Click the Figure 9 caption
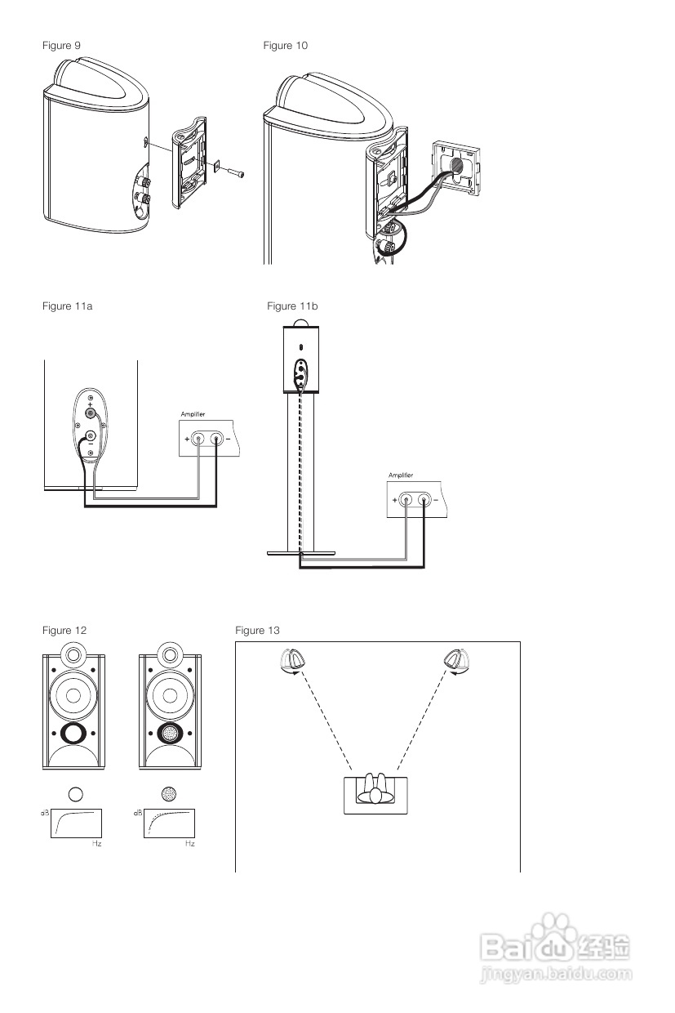[61, 45]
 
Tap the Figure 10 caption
[285, 45]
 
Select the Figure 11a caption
[67, 306]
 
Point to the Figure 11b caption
[292, 306]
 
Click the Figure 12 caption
[64, 631]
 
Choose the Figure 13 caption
[258, 631]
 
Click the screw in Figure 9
[237, 172]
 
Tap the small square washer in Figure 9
[217, 166]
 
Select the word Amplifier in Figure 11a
[193, 414]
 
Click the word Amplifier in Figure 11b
[401, 475]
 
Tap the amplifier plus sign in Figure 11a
[187, 440]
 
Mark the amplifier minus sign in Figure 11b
[436, 500]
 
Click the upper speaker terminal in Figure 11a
[91, 413]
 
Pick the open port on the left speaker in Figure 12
[73, 733]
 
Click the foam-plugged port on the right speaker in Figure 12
[170, 733]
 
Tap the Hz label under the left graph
[96, 843]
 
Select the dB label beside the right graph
[138, 813]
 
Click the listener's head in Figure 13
[375, 796]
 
